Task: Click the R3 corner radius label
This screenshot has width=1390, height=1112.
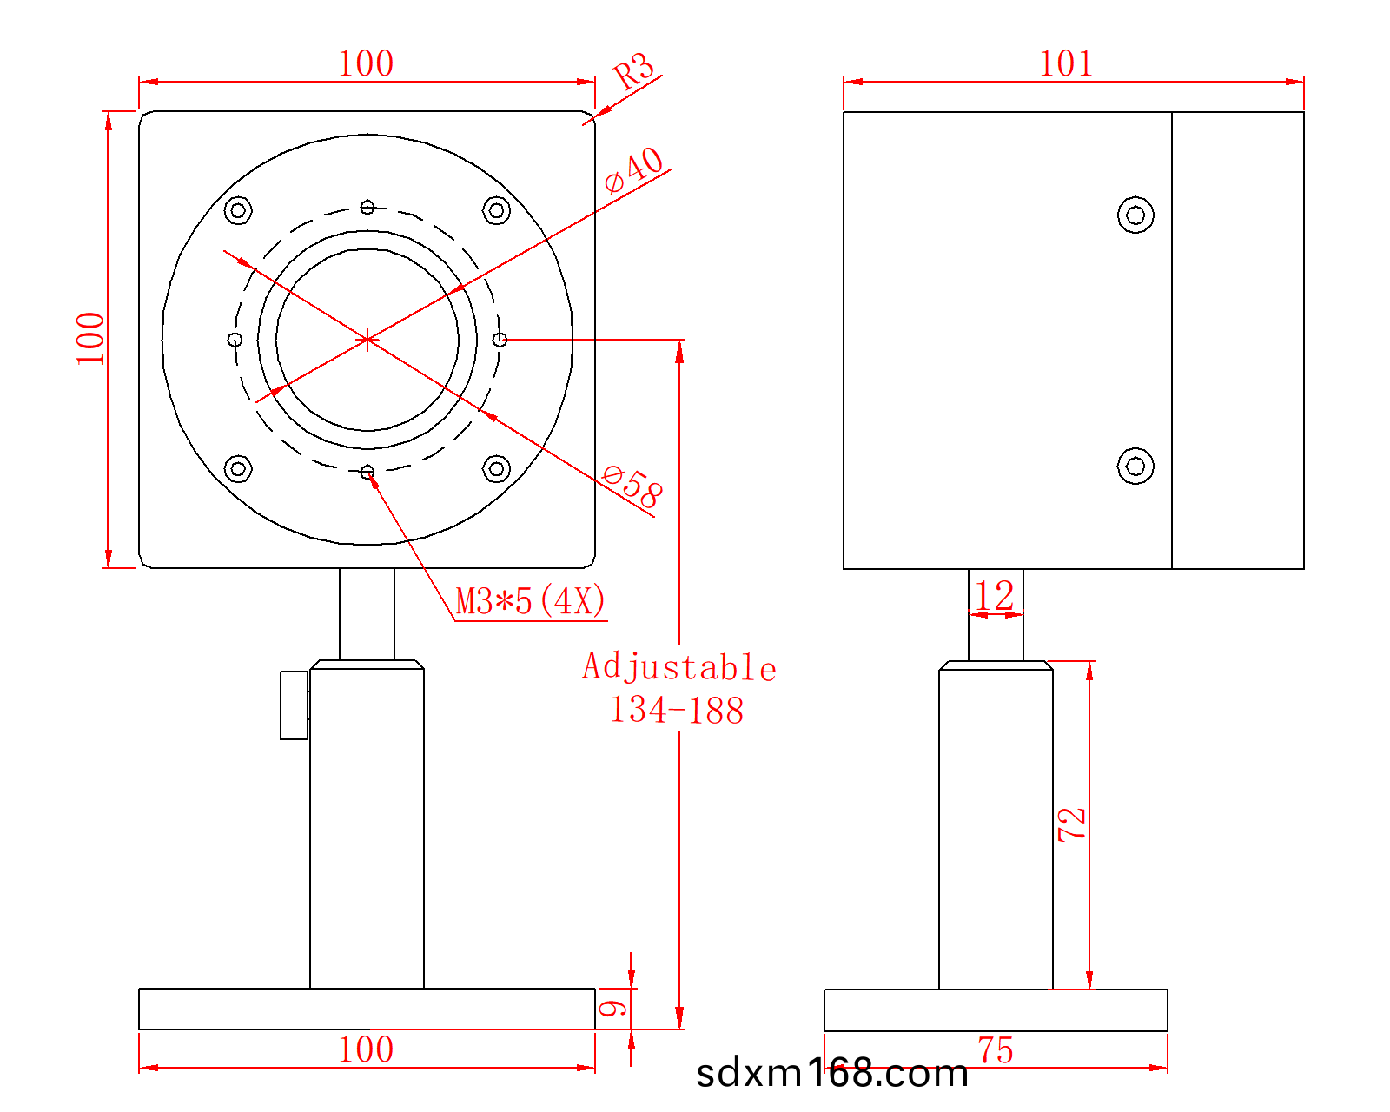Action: (x=633, y=70)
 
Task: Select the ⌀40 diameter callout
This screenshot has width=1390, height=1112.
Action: (x=633, y=170)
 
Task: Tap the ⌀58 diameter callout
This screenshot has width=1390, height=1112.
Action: (x=632, y=486)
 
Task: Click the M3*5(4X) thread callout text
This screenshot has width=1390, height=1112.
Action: (x=530, y=601)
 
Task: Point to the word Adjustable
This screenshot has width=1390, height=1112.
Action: (x=678, y=667)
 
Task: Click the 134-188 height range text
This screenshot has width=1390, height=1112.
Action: (x=677, y=710)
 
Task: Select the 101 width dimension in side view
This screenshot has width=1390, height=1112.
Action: (x=1066, y=63)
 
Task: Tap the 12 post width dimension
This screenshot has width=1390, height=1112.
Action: (x=995, y=596)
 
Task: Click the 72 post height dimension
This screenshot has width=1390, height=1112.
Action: (x=1072, y=824)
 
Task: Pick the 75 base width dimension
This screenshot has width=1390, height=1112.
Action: (x=996, y=1050)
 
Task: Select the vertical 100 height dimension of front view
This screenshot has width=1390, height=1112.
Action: (x=89, y=339)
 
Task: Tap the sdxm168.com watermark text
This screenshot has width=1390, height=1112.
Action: (x=832, y=1073)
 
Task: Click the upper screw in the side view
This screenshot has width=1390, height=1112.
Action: (x=1135, y=215)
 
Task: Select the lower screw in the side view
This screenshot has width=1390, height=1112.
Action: (x=1135, y=466)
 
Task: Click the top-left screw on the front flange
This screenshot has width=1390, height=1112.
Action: (x=238, y=210)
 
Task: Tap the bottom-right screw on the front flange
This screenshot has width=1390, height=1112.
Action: (x=496, y=468)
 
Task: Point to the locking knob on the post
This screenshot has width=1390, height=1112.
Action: (x=294, y=705)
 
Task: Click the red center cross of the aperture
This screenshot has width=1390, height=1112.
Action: (x=367, y=339)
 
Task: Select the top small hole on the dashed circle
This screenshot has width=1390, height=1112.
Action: (x=367, y=207)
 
